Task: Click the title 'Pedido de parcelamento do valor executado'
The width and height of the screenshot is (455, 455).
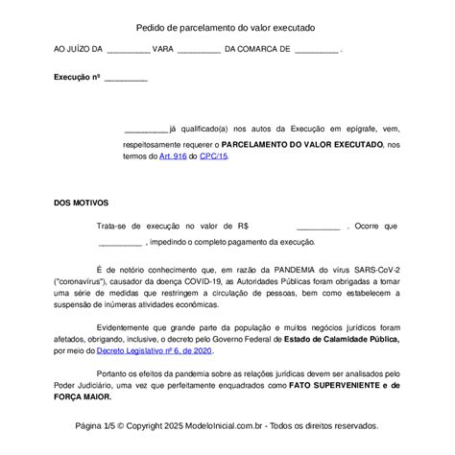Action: pos(226,30)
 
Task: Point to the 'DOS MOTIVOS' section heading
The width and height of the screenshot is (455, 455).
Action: pos(82,203)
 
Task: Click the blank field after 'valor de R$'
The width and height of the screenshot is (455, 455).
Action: pos(311,227)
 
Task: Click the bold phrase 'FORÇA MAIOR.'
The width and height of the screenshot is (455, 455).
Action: pos(84,396)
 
